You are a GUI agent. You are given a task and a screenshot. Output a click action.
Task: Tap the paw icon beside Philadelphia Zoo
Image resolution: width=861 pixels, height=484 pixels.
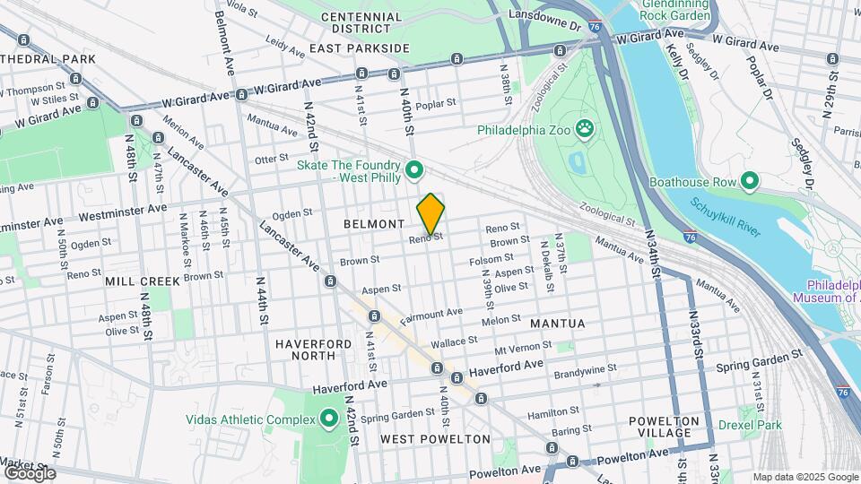[x=586, y=129]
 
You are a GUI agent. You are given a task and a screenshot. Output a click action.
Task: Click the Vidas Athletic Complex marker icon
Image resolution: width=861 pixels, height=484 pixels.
[x=328, y=419]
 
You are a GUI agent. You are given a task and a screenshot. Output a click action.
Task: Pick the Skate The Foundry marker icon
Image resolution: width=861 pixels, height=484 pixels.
[x=414, y=169]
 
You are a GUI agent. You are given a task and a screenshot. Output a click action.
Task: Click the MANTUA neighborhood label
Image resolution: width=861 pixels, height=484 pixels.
[x=557, y=323]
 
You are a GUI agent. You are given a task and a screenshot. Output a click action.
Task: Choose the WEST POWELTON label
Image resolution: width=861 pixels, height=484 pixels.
[x=435, y=439]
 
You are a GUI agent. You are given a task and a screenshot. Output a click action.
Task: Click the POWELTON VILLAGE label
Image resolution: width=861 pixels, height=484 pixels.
[x=664, y=427]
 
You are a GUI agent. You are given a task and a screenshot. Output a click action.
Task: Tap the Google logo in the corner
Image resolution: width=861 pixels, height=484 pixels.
[x=30, y=472]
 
